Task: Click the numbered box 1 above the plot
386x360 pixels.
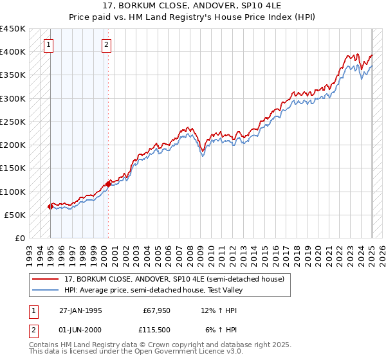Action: coord(50,45)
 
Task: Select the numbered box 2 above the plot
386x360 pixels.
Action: coord(106,45)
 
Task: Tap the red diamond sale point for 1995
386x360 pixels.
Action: coord(50,206)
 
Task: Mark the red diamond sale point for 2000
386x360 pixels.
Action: coord(108,184)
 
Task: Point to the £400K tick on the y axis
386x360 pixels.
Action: coord(14,52)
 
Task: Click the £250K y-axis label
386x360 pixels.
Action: coord(14,122)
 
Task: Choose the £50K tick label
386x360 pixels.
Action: coord(16,215)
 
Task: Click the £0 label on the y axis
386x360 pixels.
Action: coord(20,238)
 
